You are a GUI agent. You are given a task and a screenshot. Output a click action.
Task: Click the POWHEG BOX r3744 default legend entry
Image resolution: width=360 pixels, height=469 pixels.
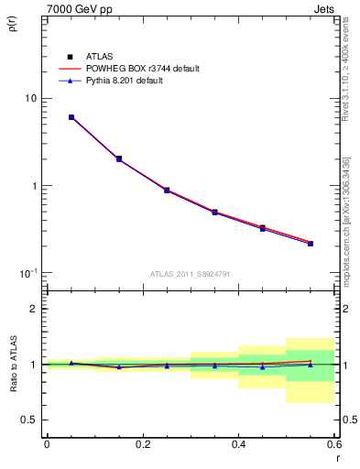tap(141, 69)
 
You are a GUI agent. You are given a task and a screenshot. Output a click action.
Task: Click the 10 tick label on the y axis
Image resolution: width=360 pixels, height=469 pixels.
tap(30, 98)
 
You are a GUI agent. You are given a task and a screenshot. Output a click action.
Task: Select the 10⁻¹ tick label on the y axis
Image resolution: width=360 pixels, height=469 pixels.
tap(27, 273)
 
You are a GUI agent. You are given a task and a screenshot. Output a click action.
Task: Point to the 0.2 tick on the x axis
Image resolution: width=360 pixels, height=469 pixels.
tap(142, 444)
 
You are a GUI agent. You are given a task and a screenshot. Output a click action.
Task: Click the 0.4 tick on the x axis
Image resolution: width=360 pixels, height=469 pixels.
tap(238, 444)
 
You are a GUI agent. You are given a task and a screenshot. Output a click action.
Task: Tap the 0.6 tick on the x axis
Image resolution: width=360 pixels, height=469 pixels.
tap(333, 444)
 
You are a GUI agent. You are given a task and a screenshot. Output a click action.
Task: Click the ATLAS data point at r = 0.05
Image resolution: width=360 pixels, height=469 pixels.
tap(71, 117)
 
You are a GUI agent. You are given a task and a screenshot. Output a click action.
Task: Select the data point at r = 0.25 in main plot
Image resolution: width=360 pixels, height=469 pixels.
tap(167, 190)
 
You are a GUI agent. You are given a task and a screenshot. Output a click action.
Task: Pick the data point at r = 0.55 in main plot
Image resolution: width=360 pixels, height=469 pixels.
tap(311, 244)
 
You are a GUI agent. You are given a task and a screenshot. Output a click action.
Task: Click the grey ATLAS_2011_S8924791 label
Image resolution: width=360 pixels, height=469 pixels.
tap(190, 272)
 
